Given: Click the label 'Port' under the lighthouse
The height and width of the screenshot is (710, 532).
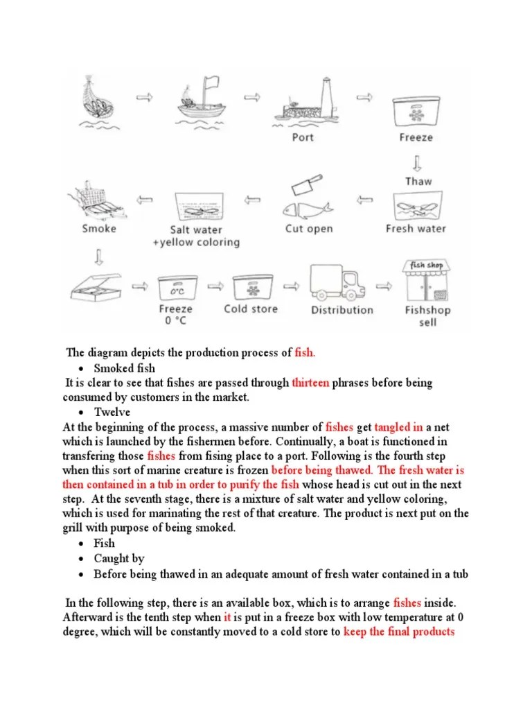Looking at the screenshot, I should [x=303, y=137].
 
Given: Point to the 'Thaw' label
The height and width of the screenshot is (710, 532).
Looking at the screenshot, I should [x=418, y=181].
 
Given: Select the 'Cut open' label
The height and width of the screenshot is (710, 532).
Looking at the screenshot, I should [x=309, y=228].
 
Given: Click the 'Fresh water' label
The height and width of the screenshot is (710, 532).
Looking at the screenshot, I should [x=416, y=228].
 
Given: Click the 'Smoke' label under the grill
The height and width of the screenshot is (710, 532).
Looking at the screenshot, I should [x=99, y=228].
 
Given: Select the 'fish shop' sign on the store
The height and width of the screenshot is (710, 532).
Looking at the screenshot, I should [x=427, y=265].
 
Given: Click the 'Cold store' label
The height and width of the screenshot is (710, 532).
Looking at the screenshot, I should [x=250, y=309].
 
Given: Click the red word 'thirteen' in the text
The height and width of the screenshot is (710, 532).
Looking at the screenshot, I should [x=315, y=383].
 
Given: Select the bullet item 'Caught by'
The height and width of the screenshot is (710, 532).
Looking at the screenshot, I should [x=119, y=558].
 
